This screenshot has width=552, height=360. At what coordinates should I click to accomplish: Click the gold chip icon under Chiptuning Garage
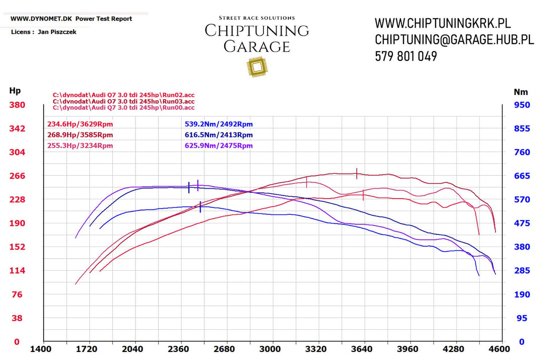point(256,67)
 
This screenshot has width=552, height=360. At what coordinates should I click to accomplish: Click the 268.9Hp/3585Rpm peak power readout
point(80,135)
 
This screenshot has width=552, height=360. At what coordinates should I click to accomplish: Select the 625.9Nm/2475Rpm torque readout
point(218,146)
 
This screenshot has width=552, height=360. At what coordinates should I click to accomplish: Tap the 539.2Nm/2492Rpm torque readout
point(218,124)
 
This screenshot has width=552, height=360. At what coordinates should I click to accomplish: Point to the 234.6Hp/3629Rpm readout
point(80,124)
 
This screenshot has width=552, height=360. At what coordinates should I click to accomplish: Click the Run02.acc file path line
point(123,94)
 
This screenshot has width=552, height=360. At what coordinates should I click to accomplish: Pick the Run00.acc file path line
point(123,107)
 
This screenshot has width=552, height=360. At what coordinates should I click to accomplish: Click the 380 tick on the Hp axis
point(16,105)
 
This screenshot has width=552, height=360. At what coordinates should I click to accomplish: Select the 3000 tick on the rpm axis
point(271,349)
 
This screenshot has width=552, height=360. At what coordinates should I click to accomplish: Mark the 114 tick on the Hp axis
point(17,271)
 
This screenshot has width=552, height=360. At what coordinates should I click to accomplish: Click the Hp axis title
point(15,91)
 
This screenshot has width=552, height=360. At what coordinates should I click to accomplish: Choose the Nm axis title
point(521,92)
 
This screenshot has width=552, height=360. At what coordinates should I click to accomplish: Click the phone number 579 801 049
point(406,56)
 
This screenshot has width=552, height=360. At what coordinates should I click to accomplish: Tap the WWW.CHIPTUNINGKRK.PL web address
point(443,23)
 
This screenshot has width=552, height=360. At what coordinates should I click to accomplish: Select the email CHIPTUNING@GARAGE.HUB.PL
point(454,40)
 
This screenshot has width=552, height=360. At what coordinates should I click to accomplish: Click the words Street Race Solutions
point(256,18)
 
